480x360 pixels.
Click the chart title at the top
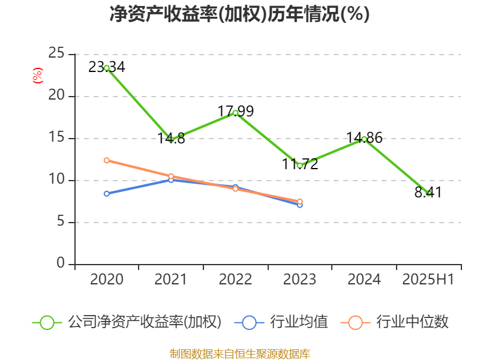[239, 14]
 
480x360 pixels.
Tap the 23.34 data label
[107, 67]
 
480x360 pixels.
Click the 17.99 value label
[236, 111]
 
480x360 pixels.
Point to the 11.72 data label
[300, 164]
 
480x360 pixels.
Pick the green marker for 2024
[364, 139]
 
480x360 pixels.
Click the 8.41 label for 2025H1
[428, 192]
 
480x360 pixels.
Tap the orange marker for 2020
[107, 160]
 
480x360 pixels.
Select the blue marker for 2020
[107, 194]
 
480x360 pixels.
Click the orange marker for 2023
[300, 202]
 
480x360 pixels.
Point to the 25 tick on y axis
[56, 54]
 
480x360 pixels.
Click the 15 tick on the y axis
[56, 138]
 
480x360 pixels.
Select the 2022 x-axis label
[235, 280]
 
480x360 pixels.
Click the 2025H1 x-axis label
[428, 280]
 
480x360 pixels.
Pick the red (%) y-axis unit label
[37, 75]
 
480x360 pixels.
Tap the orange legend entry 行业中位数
[395, 322]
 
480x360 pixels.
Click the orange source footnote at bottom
[239, 353]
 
